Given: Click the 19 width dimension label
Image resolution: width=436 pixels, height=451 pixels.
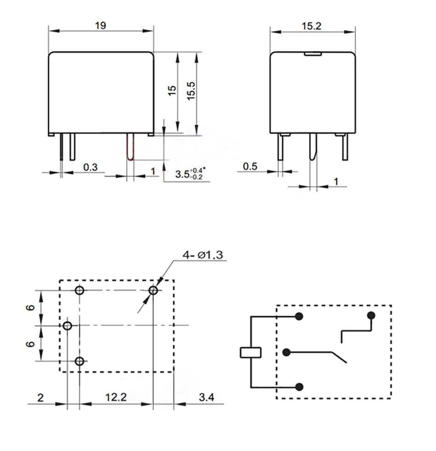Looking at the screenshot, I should [101, 26].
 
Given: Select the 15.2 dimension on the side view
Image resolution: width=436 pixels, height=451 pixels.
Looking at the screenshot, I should [312, 26].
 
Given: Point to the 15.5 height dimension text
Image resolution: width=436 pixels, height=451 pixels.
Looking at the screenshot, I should [191, 90].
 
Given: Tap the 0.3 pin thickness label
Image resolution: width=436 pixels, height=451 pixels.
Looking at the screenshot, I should [90, 167].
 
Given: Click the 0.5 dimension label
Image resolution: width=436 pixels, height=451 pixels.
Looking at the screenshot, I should [250, 166].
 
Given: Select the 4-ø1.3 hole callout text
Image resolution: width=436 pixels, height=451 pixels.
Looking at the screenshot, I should [202, 255].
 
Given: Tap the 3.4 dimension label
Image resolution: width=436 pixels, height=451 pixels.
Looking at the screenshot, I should [207, 397].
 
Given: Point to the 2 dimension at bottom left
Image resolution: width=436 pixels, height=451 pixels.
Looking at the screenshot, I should [40, 397].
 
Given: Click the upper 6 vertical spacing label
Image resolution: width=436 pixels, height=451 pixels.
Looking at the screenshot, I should [31, 308].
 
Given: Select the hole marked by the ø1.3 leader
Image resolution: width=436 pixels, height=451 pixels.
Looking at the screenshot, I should [153, 291].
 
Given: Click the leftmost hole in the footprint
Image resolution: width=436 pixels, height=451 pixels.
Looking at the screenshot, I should [67, 326].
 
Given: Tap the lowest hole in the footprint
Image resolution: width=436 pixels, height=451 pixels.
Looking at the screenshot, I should [80, 361].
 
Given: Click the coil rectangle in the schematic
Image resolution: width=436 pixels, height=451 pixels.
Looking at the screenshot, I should [251, 352].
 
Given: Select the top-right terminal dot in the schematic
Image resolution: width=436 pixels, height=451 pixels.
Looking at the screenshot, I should [371, 315].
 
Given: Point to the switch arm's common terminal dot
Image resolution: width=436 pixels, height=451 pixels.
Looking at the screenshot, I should [287, 352].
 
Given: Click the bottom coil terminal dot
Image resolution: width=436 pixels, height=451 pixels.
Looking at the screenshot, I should [300, 387].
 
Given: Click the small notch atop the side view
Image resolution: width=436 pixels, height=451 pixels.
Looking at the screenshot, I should [312, 55].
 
